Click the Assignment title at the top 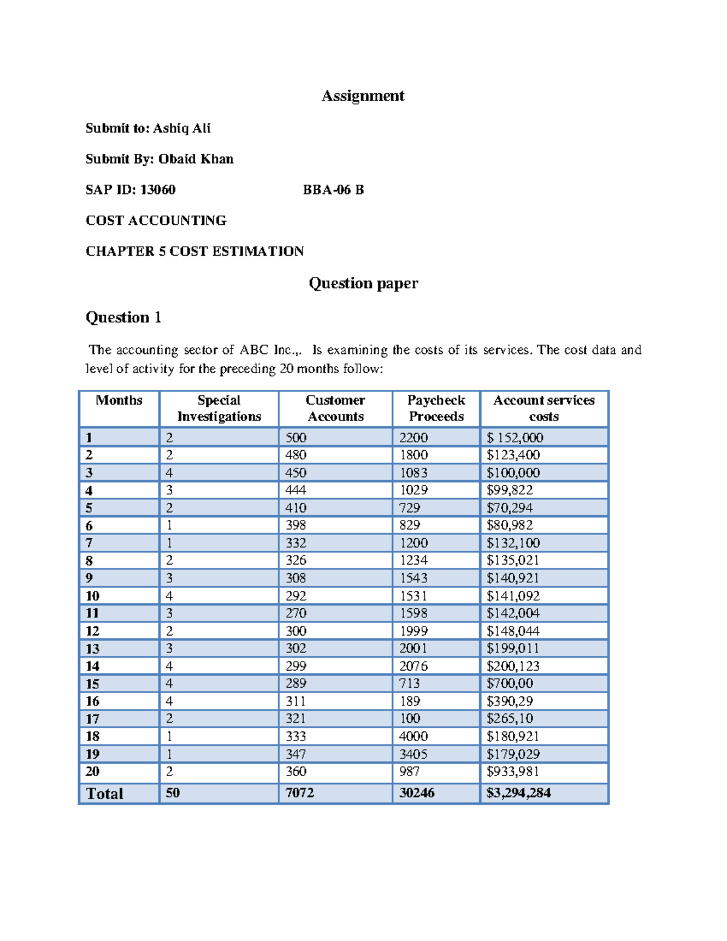pos(363,96)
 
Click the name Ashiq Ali pos(182,128)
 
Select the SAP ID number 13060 pos(158,190)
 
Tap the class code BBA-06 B pos(333,190)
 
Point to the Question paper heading pos(363,284)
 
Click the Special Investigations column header pos(219,408)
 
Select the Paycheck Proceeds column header pos(436,408)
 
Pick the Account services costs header pos(543,408)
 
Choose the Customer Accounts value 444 pos(296,490)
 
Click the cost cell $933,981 pos(513,771)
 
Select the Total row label pos(104,794)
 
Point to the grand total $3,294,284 pos(518,793)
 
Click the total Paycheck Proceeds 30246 pos(417,793)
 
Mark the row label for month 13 pos(92,649)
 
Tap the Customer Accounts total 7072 pos(299,793)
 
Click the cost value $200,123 pos(513,667)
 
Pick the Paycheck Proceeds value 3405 pos(413,754)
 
